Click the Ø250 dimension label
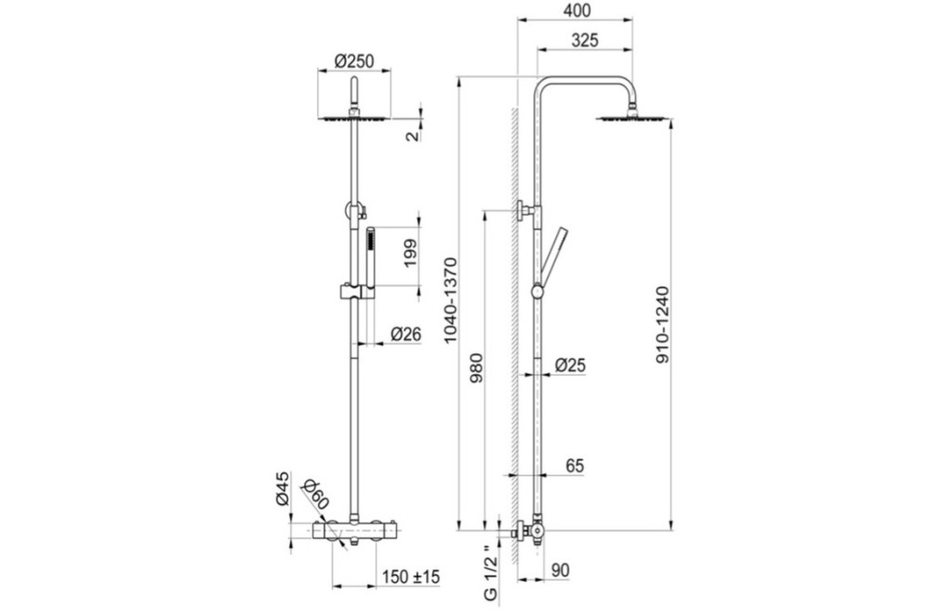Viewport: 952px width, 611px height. point(354,60)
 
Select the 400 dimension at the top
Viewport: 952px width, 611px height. point(576,10)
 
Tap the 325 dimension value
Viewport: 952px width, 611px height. point(585,40)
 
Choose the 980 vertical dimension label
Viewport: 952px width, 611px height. point(476,366)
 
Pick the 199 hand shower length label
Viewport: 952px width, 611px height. point(410,253)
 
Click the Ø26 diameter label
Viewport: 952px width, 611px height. point(405,334)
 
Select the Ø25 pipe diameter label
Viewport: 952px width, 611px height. point(570,365)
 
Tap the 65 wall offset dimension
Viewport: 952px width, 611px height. point(575,466)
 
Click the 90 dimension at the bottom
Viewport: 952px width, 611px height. point(561,571)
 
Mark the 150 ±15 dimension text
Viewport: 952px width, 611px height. point(412,577)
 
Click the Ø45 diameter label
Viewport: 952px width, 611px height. point(282,488)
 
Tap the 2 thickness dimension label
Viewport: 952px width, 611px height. point(412,136)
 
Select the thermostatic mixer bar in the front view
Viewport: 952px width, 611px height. point(354,530)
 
